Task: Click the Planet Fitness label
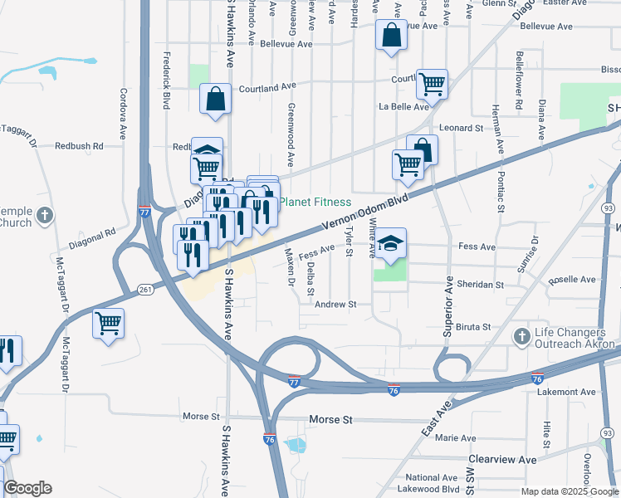[x=315, y=203]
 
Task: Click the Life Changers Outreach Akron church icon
[x=521, y=336]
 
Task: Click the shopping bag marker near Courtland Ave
[x=215, y=100]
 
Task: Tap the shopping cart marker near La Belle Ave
[x=432, y=82]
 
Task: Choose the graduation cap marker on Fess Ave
[x=390, y=243]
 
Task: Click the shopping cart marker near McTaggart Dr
[x=108, y=323]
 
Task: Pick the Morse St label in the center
[x=326, y=421]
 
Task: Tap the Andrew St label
[x=335, y=305]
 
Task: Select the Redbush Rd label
[x=79, y=145]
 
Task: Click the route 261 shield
[x=145, y=290]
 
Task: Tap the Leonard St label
[x=462, y=128]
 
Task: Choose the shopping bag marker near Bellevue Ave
[x=390, y=36]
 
